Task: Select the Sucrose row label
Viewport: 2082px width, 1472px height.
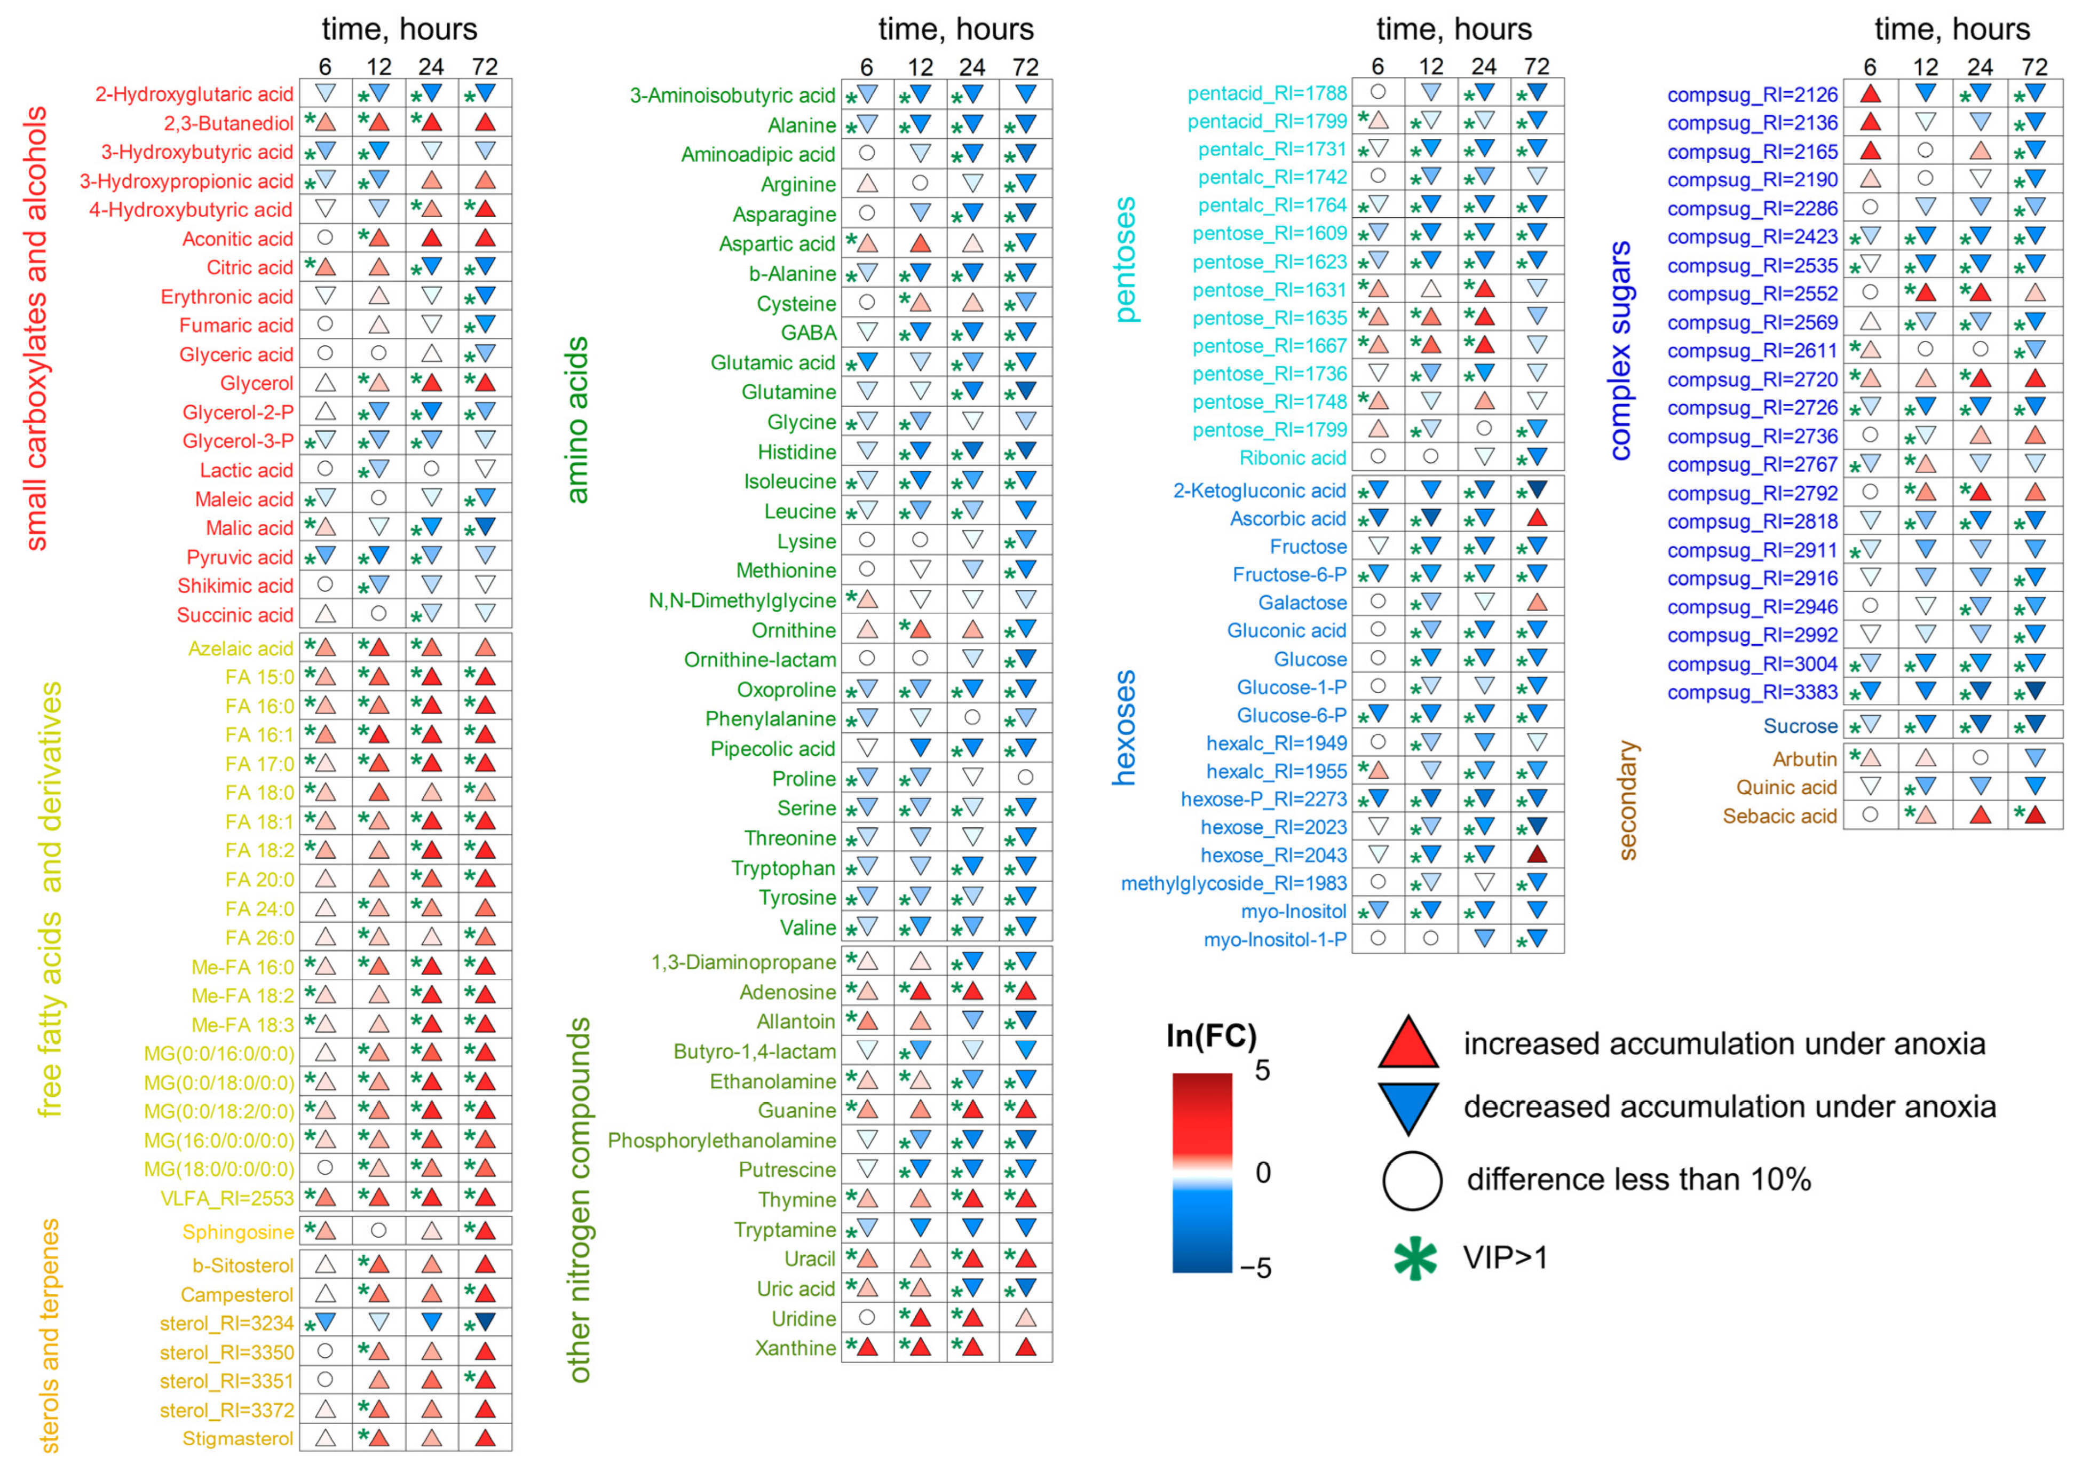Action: tap(1800, 725)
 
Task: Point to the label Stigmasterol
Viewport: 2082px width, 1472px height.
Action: tap(238, 1438)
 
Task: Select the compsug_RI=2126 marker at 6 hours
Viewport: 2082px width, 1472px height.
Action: tap(1870, 93)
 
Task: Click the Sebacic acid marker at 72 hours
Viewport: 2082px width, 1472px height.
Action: tap(2035, 814)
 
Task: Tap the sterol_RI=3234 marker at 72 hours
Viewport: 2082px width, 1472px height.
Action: tap(485, 1321)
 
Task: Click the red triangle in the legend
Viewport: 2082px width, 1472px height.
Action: tap(1408, 1043)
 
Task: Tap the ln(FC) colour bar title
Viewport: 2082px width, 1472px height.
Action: tap(1212, 1036)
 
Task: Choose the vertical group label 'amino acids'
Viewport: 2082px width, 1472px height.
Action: tap(577, 420)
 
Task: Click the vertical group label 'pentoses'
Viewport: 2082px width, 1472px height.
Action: tap(1126, 260)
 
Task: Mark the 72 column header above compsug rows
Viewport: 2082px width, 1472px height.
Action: tap(2035, 67)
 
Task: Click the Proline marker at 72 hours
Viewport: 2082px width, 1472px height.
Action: tap(1026, 777)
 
